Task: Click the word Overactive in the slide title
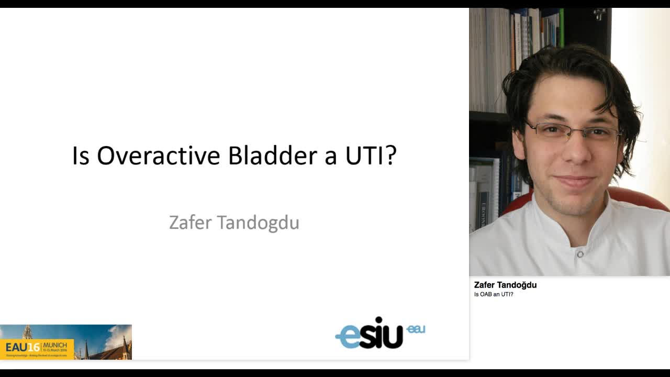[159, 156]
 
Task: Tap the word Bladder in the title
[272, 156]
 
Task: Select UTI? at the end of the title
[371, 156]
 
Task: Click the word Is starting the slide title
[81, 156]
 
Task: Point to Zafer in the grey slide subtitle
[190, 223]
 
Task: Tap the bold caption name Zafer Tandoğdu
[505, 285]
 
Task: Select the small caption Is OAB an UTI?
[493, 294]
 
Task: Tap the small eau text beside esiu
[416, 329]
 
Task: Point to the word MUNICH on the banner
[55, 345]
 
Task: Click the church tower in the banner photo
[28, 332]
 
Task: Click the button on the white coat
[580, 254]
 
